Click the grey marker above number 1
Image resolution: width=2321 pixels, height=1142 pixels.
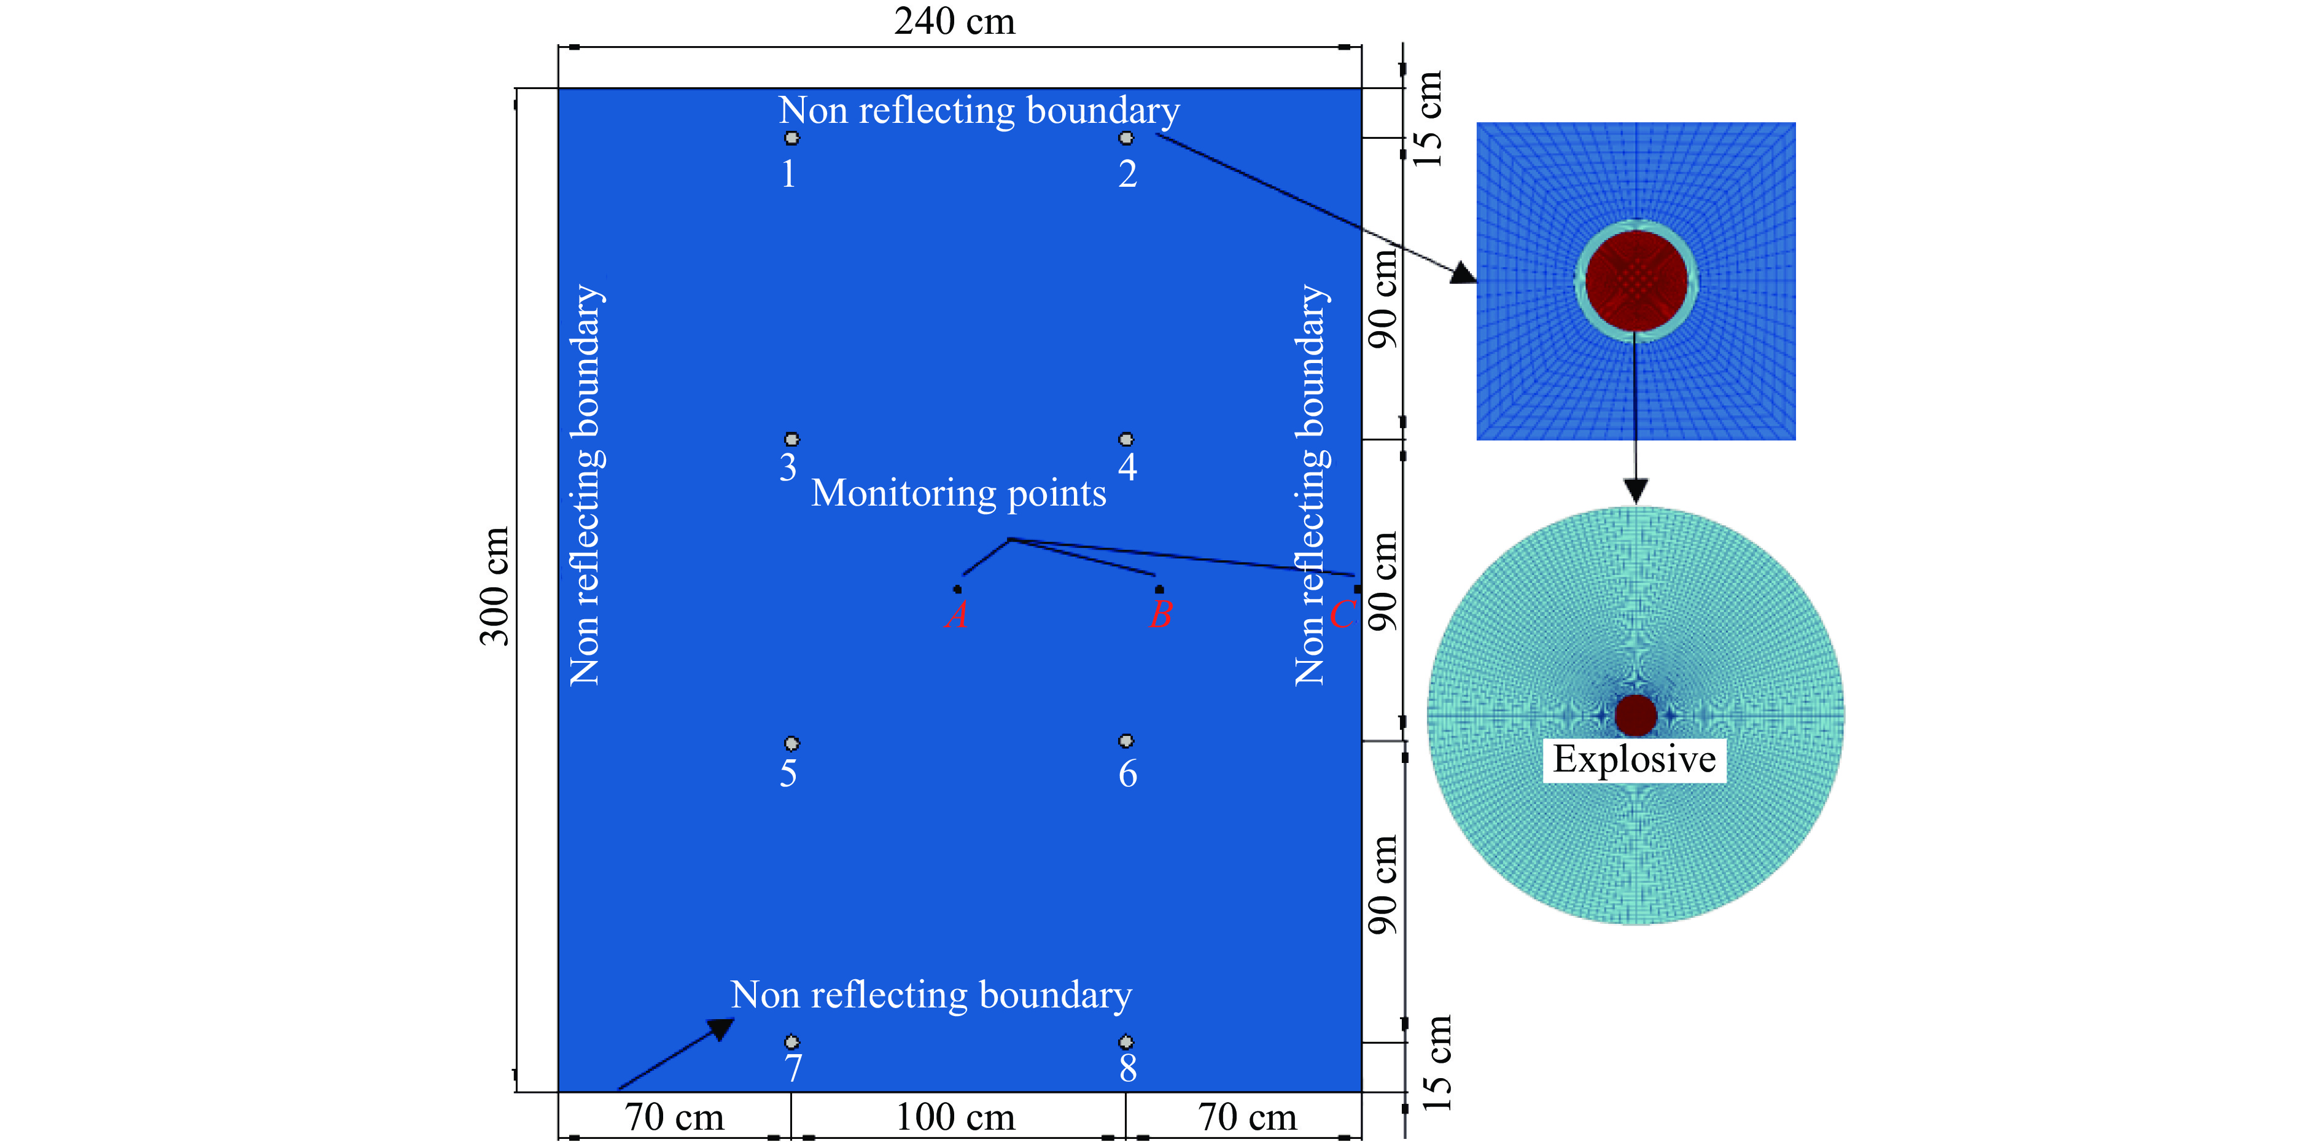pyautogui.click(x=791, y=138)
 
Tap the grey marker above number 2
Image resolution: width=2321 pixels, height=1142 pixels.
pyautogui.click(x=1126, y=138)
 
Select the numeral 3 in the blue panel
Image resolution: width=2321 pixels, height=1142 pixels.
pyautogui.click(x=788, y=467)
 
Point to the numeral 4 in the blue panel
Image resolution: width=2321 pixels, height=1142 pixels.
pyautogui.click(x=1127, y=467)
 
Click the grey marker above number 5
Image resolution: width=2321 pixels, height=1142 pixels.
pyautogui.click(x=791, y=743)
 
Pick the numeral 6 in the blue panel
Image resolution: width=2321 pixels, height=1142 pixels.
pyautogui.click(x=1127, y=773)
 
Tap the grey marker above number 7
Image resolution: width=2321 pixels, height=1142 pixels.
pyautogui.click(x=791, y=1042)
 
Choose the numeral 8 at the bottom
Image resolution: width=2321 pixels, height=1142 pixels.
pyautogui.click(x=1127, y=1068)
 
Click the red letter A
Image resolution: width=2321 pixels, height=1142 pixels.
pyautogui.click(x=957, y=616)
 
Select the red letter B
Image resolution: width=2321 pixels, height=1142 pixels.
pyautogui.click(x=1160, y=615)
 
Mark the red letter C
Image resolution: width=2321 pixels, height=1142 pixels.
pyautogui.click(x=1342, y=615)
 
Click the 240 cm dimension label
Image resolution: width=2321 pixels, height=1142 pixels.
pyautogui.click(x=954, y=21)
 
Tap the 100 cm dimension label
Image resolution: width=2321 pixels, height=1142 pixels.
pyautogui.click(x=955, y=1117)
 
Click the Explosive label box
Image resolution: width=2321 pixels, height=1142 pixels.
pyautogui.click(x=1633, y=759)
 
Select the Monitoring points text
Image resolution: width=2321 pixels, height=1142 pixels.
pyautogui.click(x=958, y=494)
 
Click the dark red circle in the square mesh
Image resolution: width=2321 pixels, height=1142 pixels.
pyautogui.click(x=1635, y=280)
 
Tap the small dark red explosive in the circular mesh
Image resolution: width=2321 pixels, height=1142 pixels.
pyautogui.click(x=1635, y=715)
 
